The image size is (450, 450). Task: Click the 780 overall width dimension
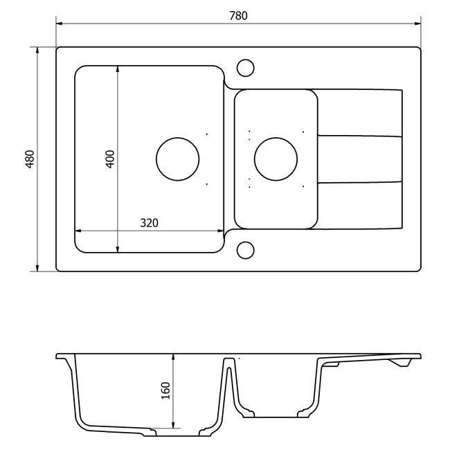[x=238, y=16]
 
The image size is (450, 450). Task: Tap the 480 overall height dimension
[x=30, y=159]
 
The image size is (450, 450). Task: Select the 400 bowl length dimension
[x=110, y=159]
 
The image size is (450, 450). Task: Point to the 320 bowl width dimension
[x=150, y=223]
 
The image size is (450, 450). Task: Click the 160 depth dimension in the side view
[x=165, y=390]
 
